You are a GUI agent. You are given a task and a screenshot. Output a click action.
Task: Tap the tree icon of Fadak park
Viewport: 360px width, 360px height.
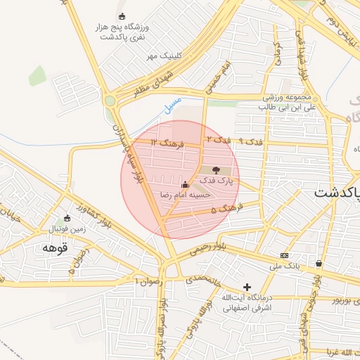tap(216, 169)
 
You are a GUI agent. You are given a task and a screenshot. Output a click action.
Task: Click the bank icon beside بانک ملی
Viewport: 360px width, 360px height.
tap(284, 255)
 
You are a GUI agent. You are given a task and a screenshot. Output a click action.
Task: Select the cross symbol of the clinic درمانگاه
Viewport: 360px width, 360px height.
tap(247, 287)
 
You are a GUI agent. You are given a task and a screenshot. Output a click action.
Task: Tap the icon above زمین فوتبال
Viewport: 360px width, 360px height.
tap(67, 218)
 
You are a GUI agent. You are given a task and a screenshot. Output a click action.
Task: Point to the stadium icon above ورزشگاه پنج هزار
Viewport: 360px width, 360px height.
tap(122, 16)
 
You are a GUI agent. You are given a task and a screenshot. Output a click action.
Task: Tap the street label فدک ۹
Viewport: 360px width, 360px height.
tap(251, 141)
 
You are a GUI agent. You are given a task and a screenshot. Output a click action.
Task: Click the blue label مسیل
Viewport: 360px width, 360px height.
tap(169, 106)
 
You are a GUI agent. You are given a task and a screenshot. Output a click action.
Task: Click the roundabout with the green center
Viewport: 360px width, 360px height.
tap(110, 101)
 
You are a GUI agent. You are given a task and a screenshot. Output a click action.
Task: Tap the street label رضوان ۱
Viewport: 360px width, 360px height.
tap(148, 281)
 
